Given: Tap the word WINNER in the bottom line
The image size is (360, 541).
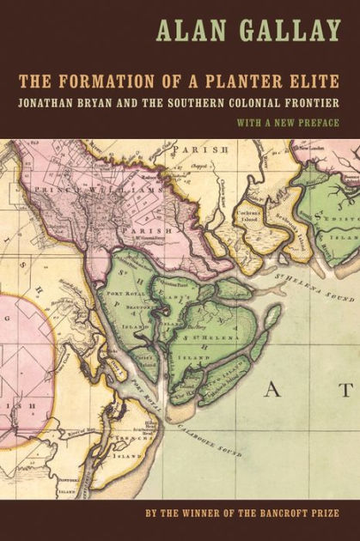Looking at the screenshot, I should (166, 512).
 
